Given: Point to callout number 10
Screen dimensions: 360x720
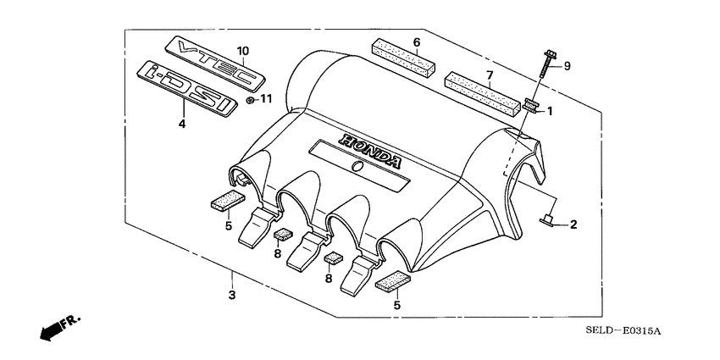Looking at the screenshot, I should pyautogui.click(x=242, y=51).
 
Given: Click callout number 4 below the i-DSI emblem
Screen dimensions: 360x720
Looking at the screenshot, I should pyautogui.click(x=181, y=124).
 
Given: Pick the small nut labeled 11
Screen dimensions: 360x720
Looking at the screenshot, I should pyautogui.click(x=250, y=100).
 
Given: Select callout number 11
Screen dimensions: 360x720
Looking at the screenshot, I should pyautogui.click(x=266, y=100).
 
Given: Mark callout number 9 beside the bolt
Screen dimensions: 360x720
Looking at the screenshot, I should pyautogui.click(x=568, y=66).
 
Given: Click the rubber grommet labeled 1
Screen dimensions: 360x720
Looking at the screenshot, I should pyautogui.click(x=532, y=106).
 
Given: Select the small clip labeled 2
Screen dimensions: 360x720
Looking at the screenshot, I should pyautogui.click(x=547, y=223).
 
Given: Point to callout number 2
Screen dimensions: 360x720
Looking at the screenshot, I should pyautogui.click(x=573, y=224).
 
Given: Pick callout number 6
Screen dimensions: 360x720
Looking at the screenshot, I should pyautogui.click(x=416, y=42).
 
